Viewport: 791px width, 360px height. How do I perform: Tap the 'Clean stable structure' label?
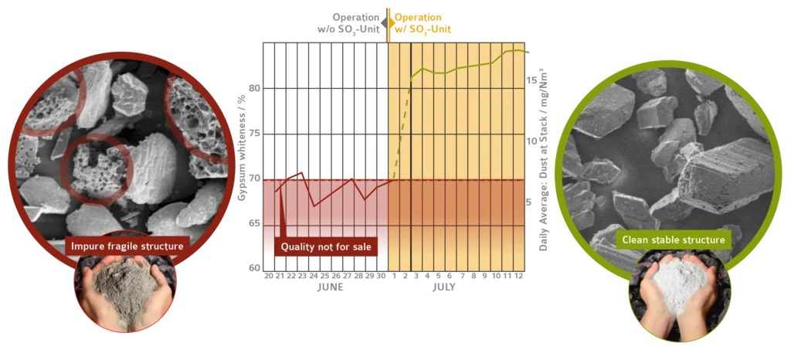(x=674, y=239)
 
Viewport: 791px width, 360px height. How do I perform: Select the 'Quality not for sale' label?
(x=325, y=246)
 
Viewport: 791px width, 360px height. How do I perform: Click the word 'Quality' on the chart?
(x=298, y=246)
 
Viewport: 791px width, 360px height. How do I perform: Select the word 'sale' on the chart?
(x=359, y=246)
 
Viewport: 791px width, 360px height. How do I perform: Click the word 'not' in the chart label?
(x=326, y=246)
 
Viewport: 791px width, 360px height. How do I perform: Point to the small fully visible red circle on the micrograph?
(x=98, y=169)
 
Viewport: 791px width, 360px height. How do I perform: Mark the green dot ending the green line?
(x=528, y=53)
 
